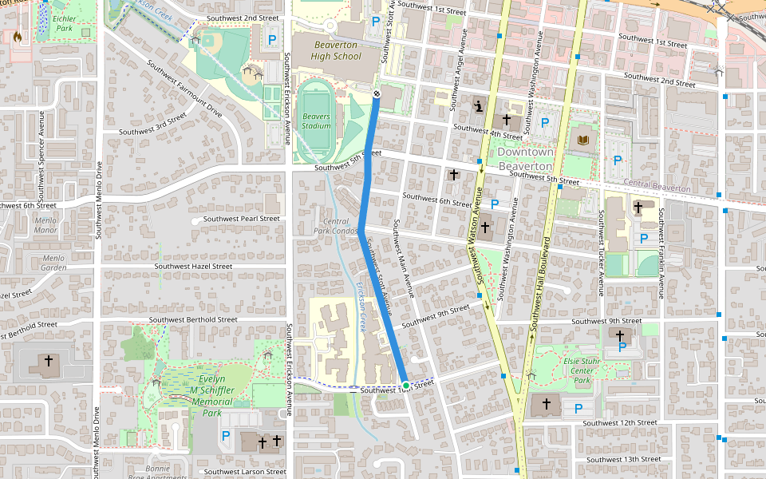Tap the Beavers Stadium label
(316, 121)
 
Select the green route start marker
(406, 386)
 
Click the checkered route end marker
(377, 93)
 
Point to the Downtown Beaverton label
(525, 158)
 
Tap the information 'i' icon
(479, 105)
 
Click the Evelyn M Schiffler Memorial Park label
(211, 396)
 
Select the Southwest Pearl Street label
(241, 219)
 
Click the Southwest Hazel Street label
(193, 267)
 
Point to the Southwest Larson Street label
(245, 472)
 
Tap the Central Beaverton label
(657, 188)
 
